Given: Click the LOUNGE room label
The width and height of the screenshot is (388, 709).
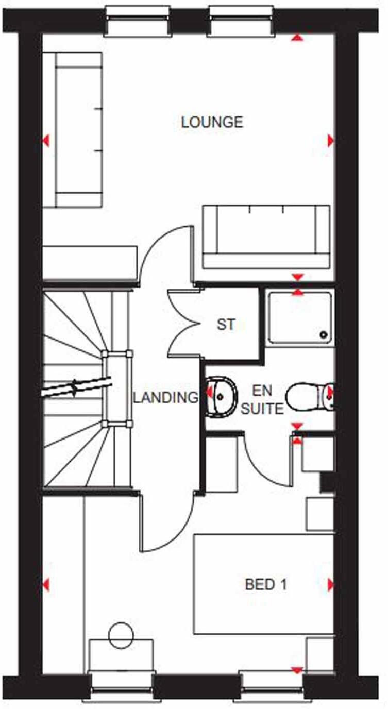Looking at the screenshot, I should pyautogui.click(x=212, y=122).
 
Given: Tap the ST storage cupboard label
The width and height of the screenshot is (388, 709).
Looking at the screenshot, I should pyautogui.click(x=226, y=325).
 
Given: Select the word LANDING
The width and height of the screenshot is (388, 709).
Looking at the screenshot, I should pyautogui.click(x=165, y=397).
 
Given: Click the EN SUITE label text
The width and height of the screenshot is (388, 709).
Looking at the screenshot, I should pyautogui.click(x=262, y=400).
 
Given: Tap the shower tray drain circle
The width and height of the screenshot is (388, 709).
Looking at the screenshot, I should pyautogui.click(x=324, y=335).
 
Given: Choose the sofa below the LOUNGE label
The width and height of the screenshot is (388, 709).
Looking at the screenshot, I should pyautogui.click(x=266, y=237).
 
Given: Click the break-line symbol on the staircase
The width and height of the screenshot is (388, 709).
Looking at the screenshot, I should pyautogui.click(x=76, y=387).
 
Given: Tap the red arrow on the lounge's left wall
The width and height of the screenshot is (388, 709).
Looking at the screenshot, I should pyautogui.click(x=46, y=140).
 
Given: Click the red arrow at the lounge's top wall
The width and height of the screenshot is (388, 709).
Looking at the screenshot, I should pyautogui.click(x=297, y=37).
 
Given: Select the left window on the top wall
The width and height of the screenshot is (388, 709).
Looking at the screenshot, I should pyautogui.click(x=137, y=21).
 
